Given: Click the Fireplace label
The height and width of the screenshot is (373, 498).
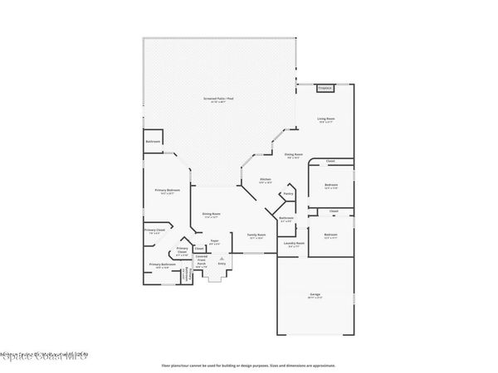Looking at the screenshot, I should [325, 87].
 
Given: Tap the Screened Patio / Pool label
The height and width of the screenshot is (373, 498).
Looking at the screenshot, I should [219, 99].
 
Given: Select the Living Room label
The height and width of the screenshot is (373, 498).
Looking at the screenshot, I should [327, 121].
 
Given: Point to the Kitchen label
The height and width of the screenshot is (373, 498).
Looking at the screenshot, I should [266, 180].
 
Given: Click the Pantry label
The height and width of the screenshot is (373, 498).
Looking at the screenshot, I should [289, 194].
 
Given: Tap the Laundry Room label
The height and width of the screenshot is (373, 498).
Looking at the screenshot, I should [296, 244].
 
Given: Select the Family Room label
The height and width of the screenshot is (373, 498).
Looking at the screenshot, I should [256, 235].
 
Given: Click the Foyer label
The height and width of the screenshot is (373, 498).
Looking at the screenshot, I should [214, 242].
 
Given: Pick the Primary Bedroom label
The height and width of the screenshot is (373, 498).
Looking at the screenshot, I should [168, 191].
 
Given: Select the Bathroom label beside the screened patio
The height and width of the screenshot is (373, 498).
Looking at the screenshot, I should [153, 142].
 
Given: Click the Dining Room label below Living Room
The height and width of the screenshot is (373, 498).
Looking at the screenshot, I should [293, 154].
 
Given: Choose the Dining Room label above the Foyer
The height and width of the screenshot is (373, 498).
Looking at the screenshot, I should [212, 215].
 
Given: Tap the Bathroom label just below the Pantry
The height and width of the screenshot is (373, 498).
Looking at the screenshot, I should [286, 219].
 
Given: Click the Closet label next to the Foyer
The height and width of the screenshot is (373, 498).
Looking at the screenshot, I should [199, 248].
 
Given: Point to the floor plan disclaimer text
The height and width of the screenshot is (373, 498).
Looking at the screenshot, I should [248, 364].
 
